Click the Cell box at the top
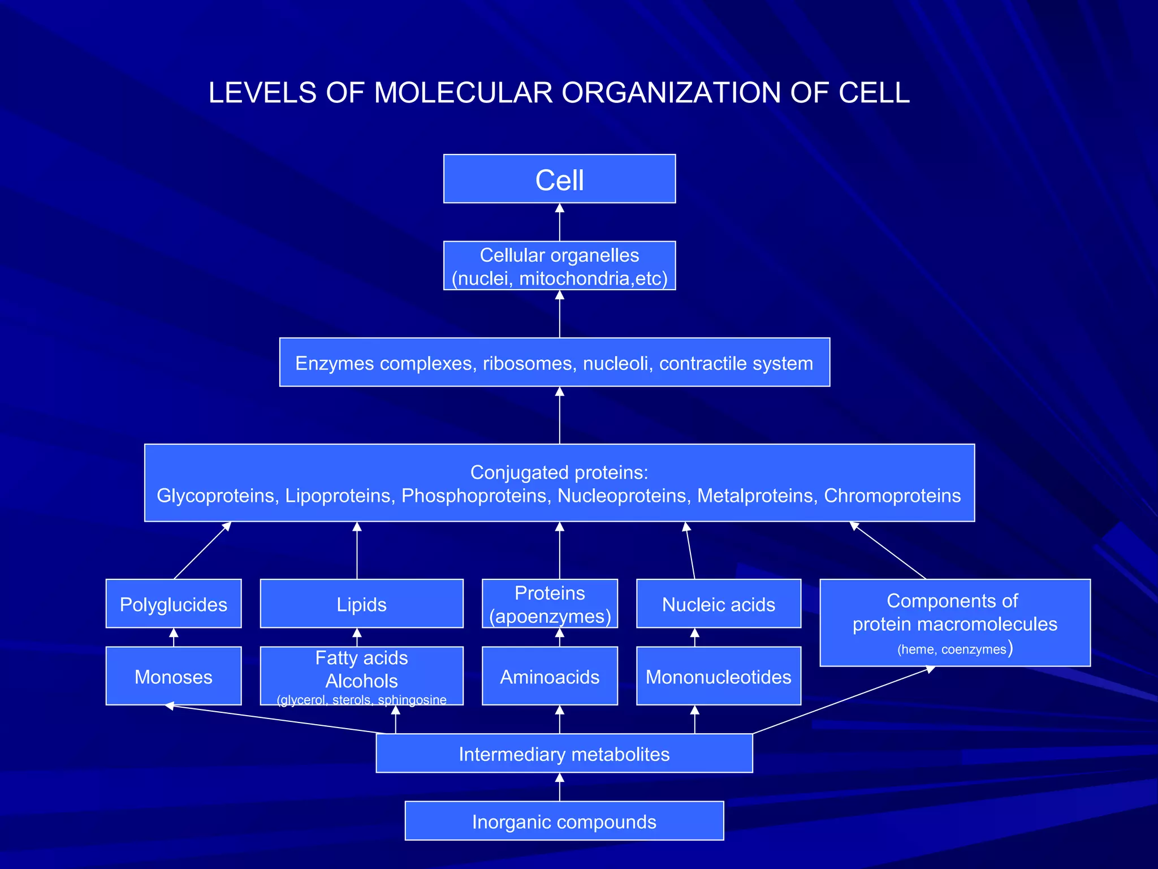(x=559, y=179)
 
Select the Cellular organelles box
(x=559, y=266)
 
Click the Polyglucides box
(x=174, y=604)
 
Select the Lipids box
(x=361, y=604)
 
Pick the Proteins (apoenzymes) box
(x=550, y=604)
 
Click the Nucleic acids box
(x=718, y=604)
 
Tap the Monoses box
(x=174, y=677)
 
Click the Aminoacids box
(x=550, y=677)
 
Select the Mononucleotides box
(x=718, y=677)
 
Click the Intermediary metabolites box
(x=564, y=754)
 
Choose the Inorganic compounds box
(x=564, y=821)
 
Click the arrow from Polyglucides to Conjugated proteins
(x=202, y=550)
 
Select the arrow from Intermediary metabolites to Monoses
(x=277, y=720)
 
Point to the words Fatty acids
(x=361, y=658)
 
